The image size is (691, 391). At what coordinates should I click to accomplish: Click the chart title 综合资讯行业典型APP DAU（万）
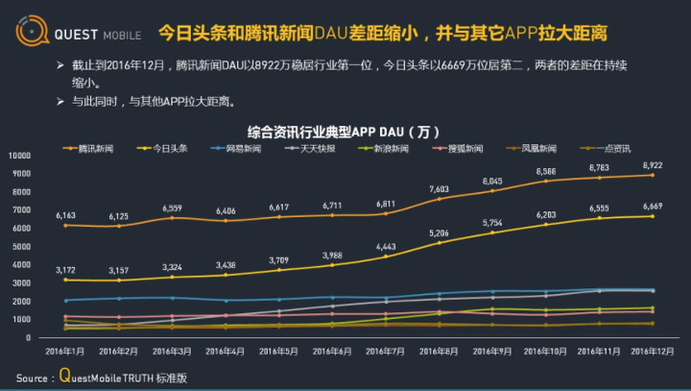tap(344, 132)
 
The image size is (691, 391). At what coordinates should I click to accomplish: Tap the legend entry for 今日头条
tap(168, 149)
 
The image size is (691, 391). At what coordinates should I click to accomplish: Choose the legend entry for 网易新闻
tap(241, 149)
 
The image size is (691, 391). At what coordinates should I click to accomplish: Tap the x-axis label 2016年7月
tap(385, 352)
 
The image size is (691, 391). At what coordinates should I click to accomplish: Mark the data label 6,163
tap(65, 215)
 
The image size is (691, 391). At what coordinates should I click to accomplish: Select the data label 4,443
tap(386, 246)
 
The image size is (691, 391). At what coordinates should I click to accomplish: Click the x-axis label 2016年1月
tap(65, 352)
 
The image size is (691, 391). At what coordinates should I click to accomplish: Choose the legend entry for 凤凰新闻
tap(537, 149)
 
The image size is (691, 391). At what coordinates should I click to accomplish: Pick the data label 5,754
tap(492, 222)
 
